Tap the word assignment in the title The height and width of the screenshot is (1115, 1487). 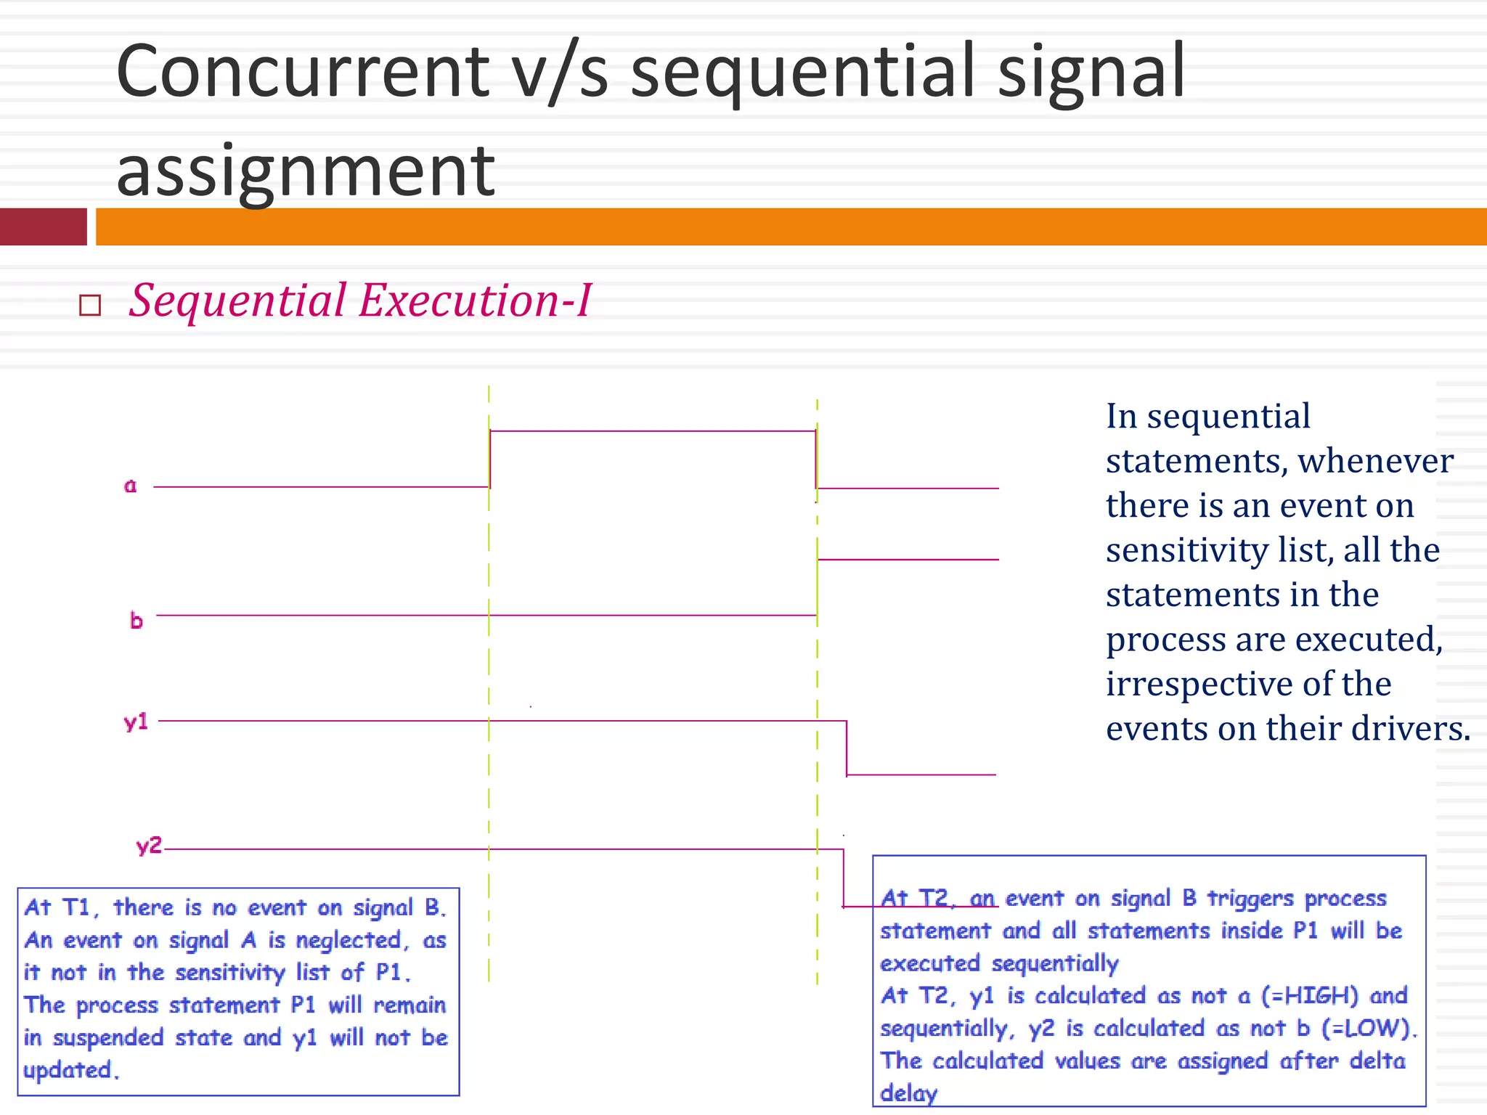tap(305, 171)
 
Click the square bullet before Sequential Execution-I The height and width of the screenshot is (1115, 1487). tap(90, 305)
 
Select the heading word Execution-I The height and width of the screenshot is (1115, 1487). tap(476, 300)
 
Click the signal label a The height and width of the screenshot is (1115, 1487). tap(130, 486)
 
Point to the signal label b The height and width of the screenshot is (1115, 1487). tap(136, 621)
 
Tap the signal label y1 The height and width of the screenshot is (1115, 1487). tap(136, 722)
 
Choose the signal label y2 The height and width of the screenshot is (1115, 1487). tap(149, 846)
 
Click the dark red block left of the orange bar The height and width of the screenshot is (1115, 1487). tap(44, 226)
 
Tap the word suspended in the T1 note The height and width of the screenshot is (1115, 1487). tap(108, 1038)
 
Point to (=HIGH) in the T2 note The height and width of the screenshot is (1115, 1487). tap(1309, 995)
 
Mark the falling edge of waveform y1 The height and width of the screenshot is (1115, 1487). tap(847, 748)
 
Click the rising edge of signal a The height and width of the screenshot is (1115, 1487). tap(490, 459)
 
